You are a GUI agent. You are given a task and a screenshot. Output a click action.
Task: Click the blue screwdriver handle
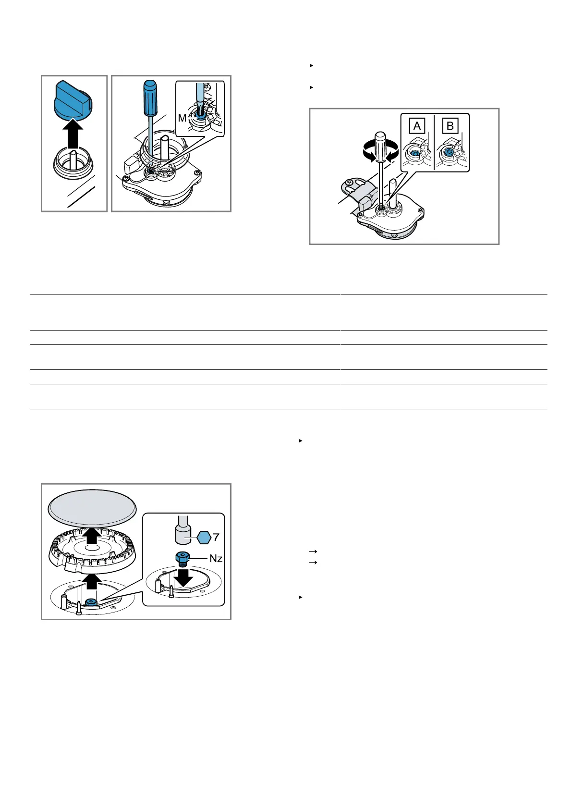coord(150,98)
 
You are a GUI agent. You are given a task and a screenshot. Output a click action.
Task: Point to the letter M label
coord(182,118)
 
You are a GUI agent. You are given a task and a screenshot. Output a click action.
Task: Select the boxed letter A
coord(417,126)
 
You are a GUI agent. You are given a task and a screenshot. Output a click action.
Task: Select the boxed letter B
coord(450,126)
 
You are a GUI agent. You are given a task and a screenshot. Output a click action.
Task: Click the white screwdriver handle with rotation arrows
coord(381,147)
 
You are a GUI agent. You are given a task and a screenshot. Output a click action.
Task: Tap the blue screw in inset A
coord(415,154)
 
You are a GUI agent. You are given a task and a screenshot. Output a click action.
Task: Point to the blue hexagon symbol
coord(204,538)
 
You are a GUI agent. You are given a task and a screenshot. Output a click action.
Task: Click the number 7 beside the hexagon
coord(216,538)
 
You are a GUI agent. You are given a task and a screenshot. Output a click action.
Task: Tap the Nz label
coord(216,559)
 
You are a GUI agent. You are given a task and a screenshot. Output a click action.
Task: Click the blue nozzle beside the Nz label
coord(183,559)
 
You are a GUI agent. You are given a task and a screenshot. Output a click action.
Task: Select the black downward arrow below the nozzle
coord(183,577)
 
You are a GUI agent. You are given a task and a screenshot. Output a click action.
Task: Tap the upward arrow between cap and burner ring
coord(92,536)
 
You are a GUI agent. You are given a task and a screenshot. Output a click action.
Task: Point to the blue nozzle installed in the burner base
coord(91,602)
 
